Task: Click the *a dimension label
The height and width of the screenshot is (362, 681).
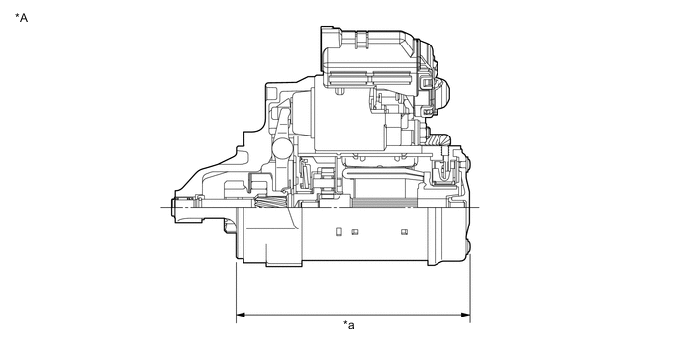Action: [x=349, y=325]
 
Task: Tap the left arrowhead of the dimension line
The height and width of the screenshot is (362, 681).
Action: [x=240, y=317]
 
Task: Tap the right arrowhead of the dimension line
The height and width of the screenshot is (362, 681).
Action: [x=466, y=317]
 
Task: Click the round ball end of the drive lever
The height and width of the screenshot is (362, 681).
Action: [x=281, y=148]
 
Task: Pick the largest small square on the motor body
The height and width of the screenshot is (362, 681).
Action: [x=339, y=232]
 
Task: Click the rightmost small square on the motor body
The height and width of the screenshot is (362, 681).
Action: [x=404, y=232]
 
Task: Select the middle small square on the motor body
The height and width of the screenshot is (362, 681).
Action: [x=354, y=232]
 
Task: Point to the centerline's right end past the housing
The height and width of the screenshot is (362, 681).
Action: [x=477, y=208]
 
